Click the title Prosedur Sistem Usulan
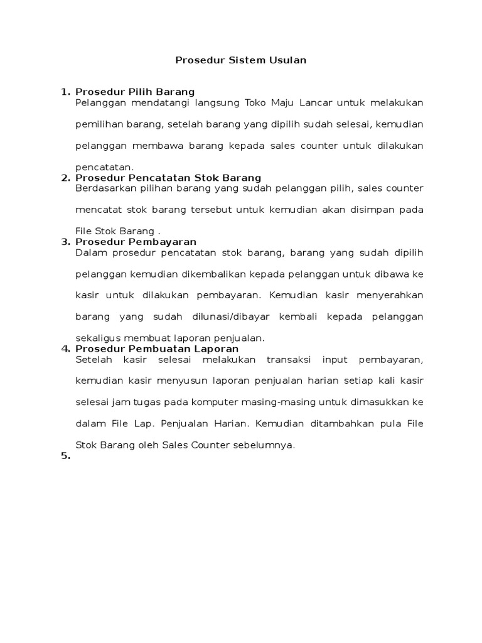[240, 60]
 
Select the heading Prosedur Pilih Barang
[135, 92]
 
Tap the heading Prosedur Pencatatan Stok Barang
[168, 178]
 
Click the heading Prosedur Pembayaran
[136, 242]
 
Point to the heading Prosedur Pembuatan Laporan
[157, 349]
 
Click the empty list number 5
[65, 457]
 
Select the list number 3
[65, 242]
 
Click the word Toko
[255, 103]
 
